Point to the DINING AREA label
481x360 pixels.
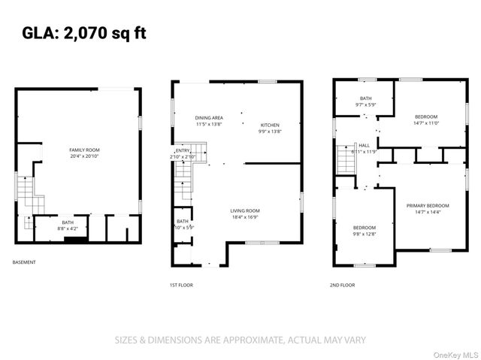[209, 121]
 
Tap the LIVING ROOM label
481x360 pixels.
[245, 213]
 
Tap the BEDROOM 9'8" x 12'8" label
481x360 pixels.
[365, 230]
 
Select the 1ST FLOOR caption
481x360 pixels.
[182, 285]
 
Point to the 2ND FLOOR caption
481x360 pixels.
[342, 285]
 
